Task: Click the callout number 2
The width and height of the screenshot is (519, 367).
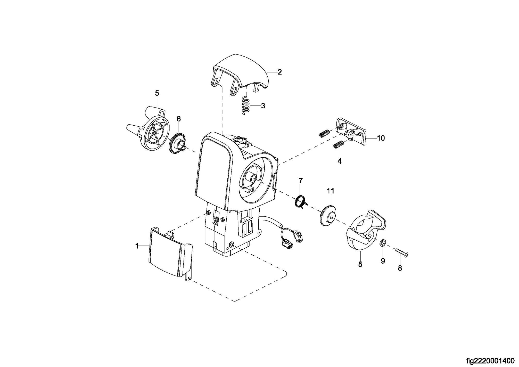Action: [279, 72]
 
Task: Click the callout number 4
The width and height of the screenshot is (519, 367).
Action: [340, 161]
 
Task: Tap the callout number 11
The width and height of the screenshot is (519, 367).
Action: [331, 191]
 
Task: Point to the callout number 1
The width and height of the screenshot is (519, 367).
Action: [137, 246]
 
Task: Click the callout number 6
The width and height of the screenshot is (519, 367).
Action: [178, 119]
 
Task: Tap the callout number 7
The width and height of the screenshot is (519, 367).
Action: [301, 181]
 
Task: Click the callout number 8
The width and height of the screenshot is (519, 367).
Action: [400, 268]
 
